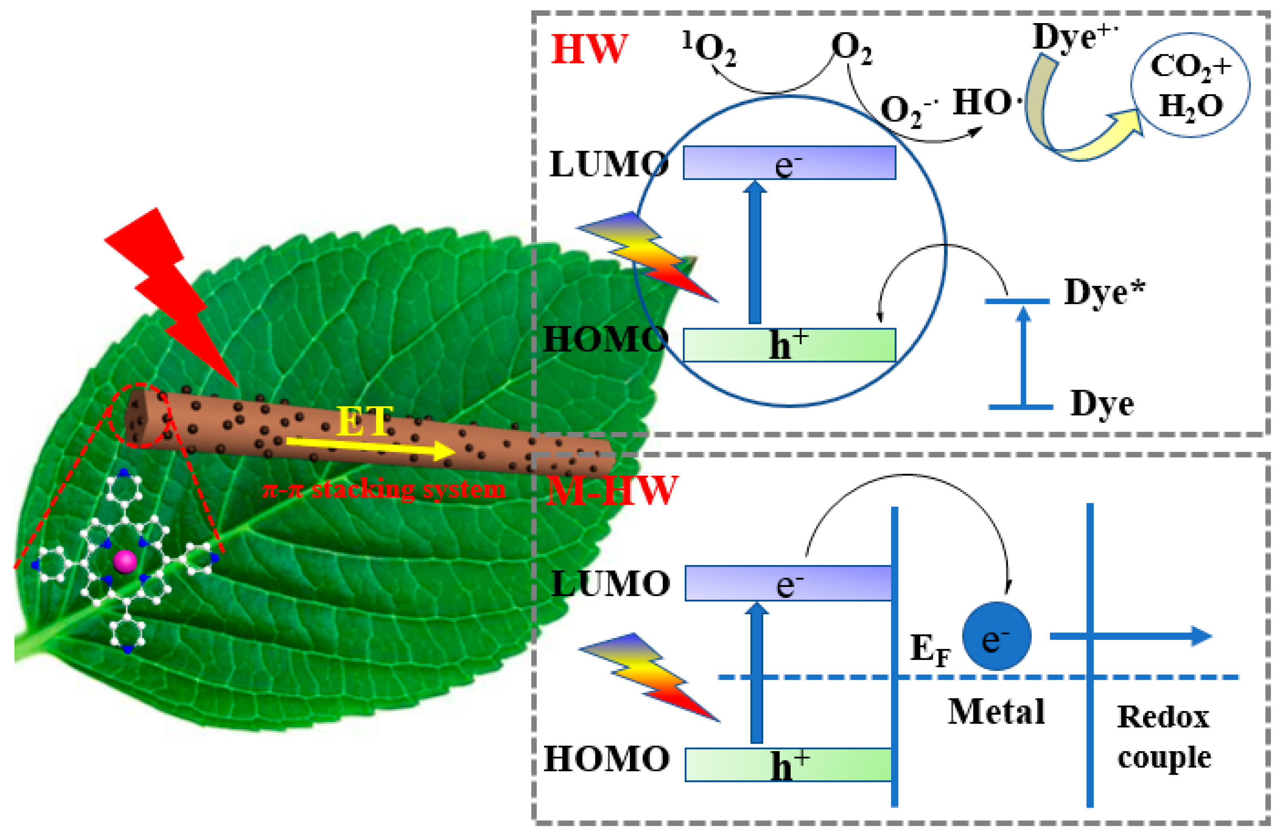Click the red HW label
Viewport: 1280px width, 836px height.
click(589, 49)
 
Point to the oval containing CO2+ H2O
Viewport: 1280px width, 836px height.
click(1190, 85)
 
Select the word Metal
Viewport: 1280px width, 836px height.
click(996, 712)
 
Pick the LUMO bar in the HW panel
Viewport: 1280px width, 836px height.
click(789, 163)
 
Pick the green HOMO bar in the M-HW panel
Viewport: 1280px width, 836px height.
click(788, 764)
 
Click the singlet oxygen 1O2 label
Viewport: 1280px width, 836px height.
click(709, 49)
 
